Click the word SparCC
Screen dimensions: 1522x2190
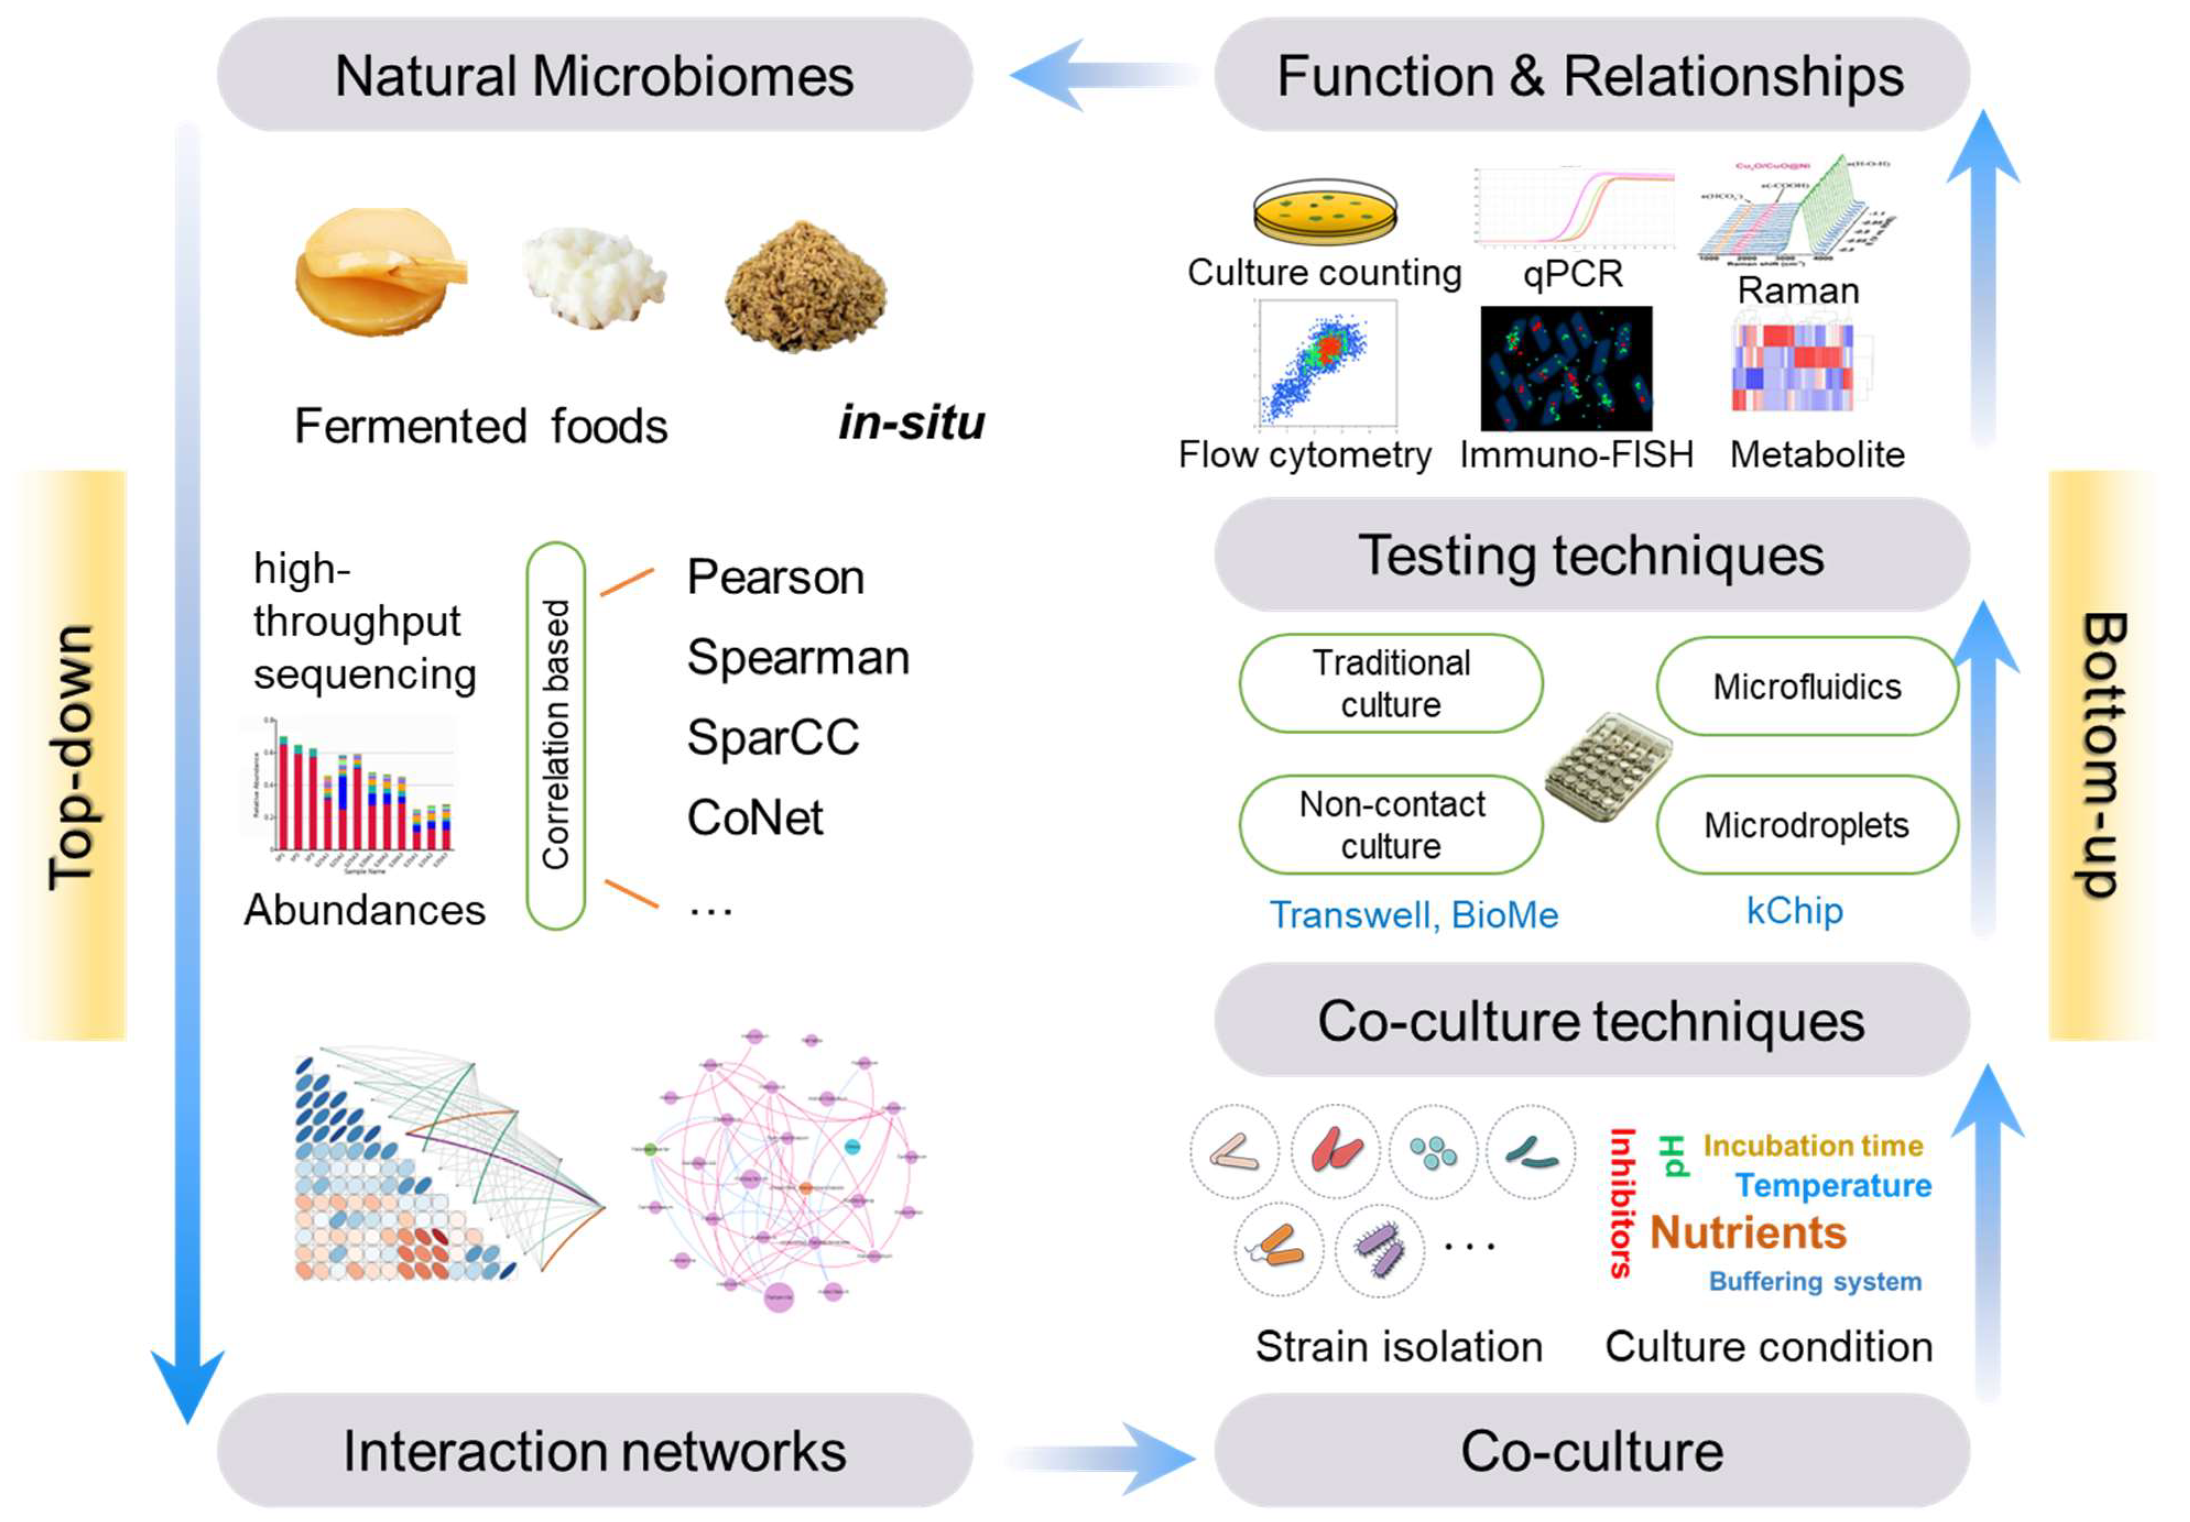pos(772,737)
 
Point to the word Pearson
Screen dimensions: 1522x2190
pos(775,577)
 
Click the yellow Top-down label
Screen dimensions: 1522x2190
pos(72,755)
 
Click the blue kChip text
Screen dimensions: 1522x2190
pos(1794,911)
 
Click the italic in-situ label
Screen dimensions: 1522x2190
pos(912,422)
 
